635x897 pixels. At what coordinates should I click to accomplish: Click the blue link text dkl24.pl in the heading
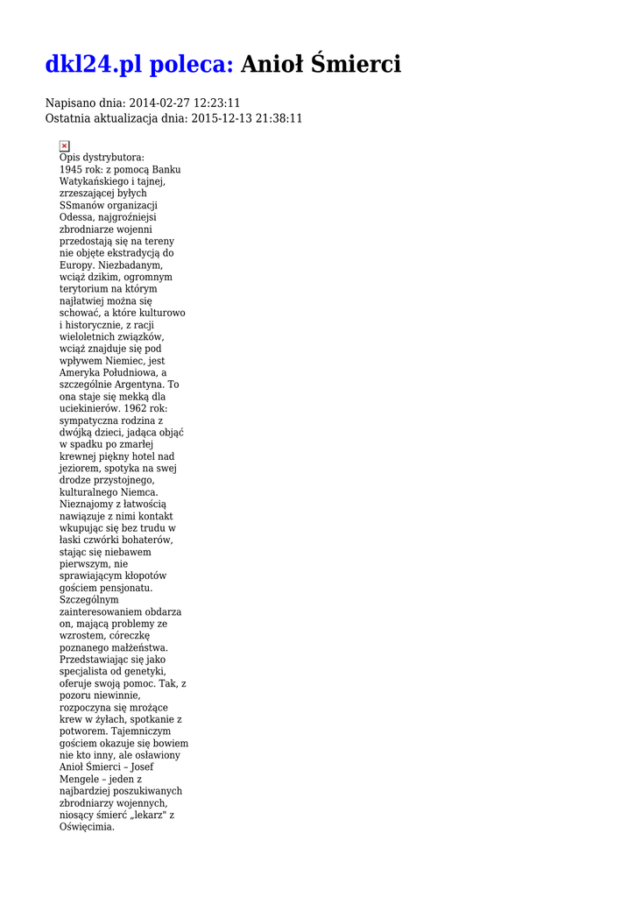click(x=94, y=64)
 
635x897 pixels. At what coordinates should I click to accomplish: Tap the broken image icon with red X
click(x=65, y=145)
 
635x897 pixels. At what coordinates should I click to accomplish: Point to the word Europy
click(x=75, y=265)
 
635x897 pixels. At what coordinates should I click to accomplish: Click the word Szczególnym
click(x=89, y=599)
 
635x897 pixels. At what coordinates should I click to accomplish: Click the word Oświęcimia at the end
click(x=86, y=826)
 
